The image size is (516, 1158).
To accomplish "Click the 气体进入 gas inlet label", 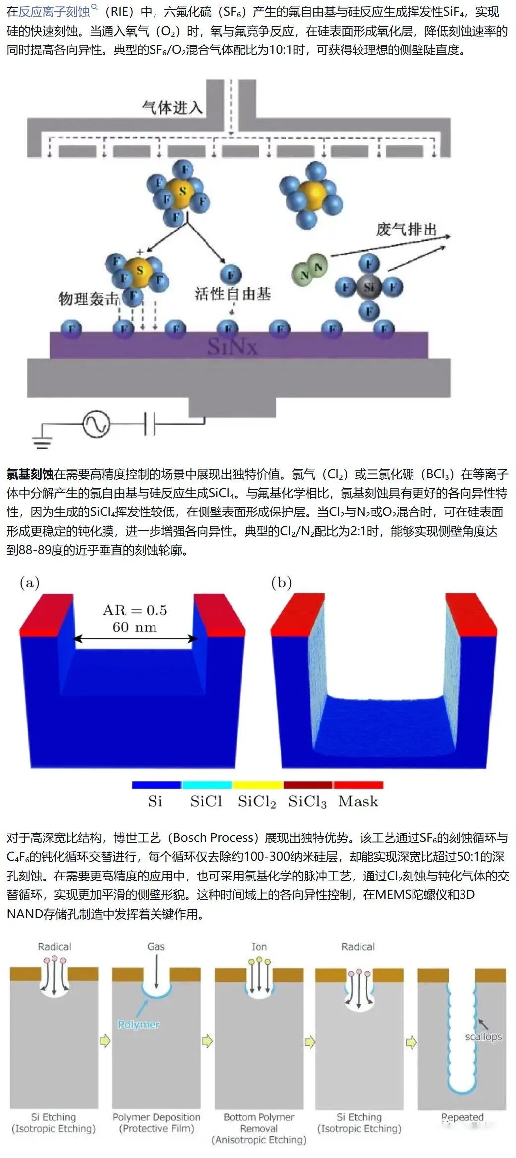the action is click(x=172, y=107).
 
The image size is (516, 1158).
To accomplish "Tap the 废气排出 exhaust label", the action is click(x=406, y=230).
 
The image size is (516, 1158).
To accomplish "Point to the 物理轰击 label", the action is click(x=89, y=299).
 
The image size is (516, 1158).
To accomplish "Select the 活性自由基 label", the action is click(x=233, y=294).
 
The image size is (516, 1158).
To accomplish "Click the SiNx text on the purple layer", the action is click(x=232, y=346).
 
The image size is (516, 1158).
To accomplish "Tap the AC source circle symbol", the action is click(x=96, y=424).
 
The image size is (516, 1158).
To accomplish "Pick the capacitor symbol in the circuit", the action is click(x=149, y=424).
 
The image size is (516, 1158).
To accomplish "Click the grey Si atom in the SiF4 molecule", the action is click(x=369, y=287).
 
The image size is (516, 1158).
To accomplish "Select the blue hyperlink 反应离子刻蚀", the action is click(x=54, y=11).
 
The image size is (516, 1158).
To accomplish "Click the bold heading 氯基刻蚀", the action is click(x=30, y=474).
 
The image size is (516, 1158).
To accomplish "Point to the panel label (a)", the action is click(x=30, y=582).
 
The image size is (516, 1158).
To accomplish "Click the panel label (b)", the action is click(x=281, y=582).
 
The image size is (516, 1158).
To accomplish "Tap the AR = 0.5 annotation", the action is click(x=135, y=610).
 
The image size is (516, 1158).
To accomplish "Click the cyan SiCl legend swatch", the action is click(x=207, y=785).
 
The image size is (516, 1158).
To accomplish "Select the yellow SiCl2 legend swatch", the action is click(x=258, y=785).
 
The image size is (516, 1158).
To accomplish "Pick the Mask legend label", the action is click(x=358, y=801).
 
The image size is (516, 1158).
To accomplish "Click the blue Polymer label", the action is click(x=139, y=1024).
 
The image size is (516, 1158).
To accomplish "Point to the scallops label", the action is click(x=483, y=1036).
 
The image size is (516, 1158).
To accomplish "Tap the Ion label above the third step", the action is click(x=259, y=946).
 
